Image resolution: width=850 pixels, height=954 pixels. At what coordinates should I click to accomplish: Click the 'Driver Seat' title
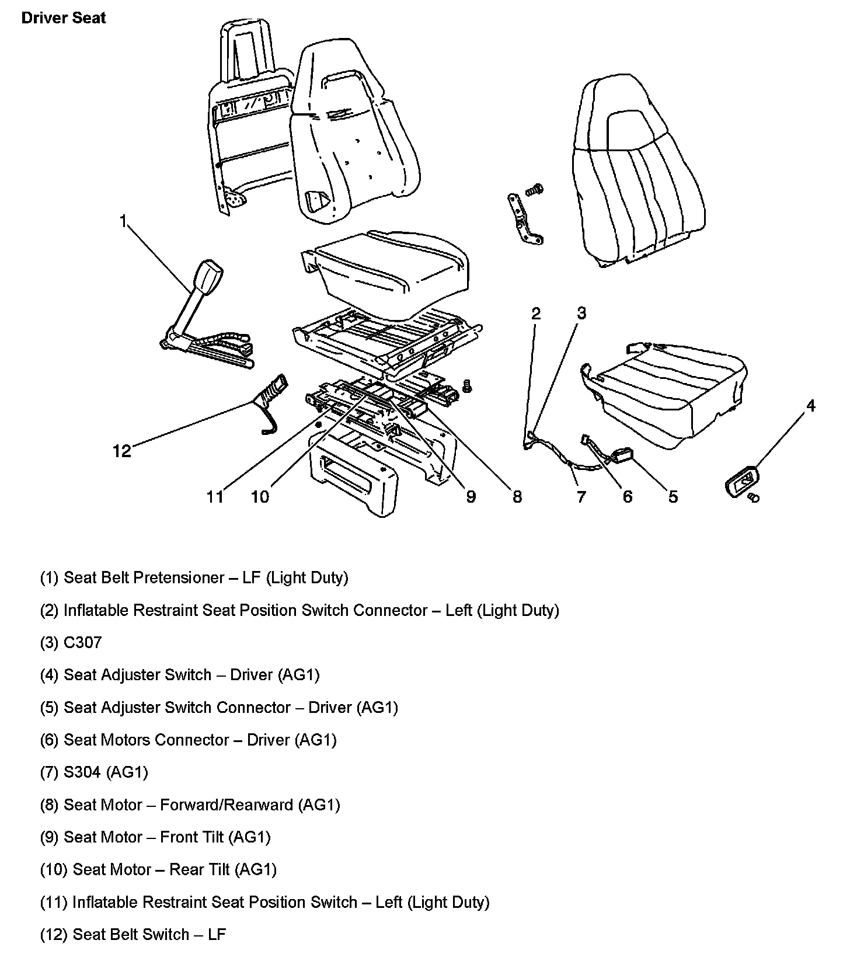(64, 18)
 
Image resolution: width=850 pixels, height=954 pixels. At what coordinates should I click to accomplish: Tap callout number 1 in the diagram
(123, 221)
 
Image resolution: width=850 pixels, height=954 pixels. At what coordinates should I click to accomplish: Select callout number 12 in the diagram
(122, 451)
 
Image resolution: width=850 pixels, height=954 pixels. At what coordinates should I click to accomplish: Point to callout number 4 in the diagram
(810, 405)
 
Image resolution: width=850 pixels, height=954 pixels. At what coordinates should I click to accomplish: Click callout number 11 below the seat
(215, 497)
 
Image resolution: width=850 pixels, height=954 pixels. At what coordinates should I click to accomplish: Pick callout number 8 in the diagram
(517, 497)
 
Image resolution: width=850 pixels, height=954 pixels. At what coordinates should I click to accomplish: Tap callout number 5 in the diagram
(673, 497)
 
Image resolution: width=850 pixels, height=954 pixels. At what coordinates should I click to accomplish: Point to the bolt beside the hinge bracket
(534, 189)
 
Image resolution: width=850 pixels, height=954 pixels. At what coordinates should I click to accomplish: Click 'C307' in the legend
(82, 642)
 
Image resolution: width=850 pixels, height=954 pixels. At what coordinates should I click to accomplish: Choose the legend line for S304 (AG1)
(94, 772)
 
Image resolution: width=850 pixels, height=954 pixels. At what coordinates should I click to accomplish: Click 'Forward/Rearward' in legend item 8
(227, 805)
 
